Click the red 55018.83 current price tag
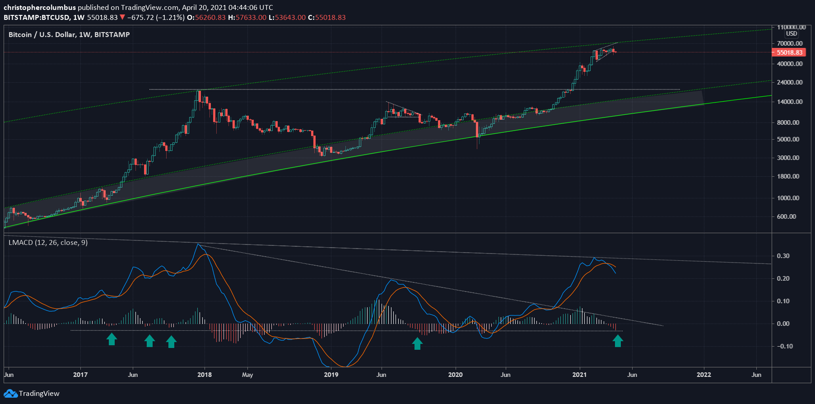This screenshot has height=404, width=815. (789, 52)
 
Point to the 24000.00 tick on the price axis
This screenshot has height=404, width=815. (789, 82)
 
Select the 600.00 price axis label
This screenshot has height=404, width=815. (786, 216)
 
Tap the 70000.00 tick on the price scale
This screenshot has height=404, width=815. (789, 43)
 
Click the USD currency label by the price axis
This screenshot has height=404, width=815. (791, 34)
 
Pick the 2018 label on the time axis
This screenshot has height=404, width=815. (205, 375)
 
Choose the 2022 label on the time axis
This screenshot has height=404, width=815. (703, 375)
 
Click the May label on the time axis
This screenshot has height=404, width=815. (247, 375)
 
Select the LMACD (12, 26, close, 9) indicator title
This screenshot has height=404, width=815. (48, 243)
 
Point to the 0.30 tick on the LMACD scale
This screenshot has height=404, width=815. (783, 256)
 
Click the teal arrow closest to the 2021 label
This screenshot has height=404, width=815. (618, 341)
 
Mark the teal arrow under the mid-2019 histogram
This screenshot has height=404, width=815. (417, 343)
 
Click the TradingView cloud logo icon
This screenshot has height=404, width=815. (11, 394)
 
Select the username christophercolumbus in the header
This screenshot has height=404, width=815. (40, 7)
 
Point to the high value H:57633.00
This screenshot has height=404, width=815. (247, 18)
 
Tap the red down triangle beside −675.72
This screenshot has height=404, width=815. (122, 18)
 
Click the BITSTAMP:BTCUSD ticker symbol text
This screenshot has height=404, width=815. (37, 18)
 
